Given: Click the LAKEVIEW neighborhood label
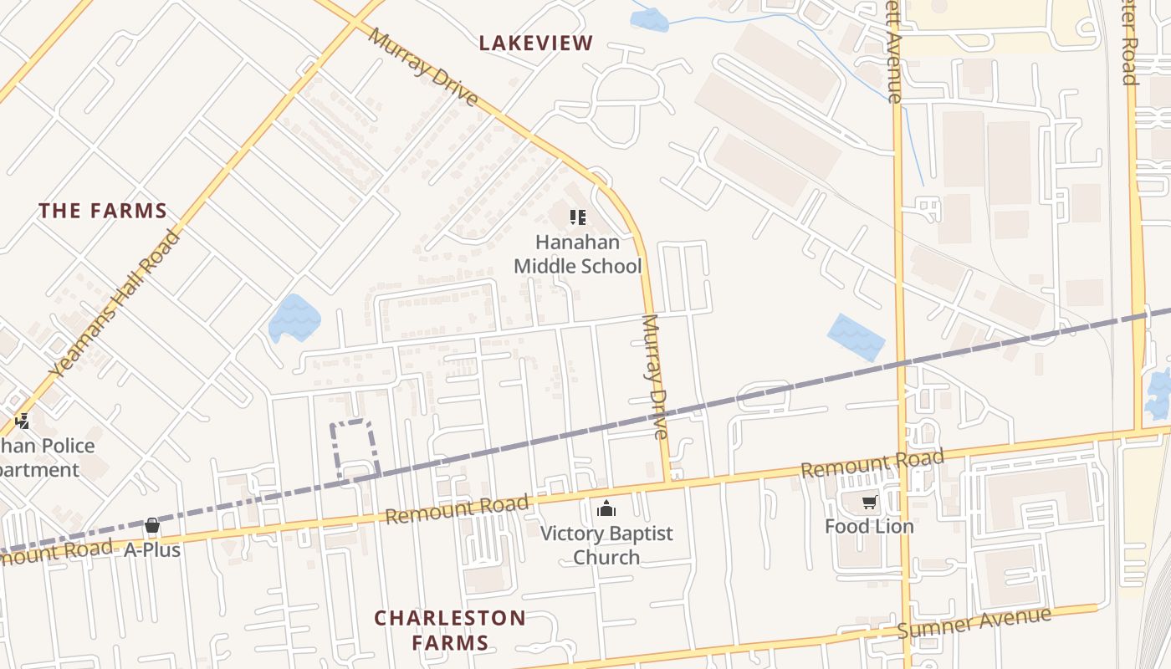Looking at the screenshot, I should point(536,43).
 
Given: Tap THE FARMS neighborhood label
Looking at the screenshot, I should point(103,211).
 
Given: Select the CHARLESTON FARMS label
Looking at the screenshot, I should point(450,631).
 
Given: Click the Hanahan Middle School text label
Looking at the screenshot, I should point(577,254).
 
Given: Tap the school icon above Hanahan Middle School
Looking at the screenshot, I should point(577,218).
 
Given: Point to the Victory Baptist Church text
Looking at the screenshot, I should point(606,545).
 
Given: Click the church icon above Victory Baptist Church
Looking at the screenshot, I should point(606,508).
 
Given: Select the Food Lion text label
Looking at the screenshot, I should point(869,527).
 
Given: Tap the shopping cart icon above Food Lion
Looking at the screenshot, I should point(869,503).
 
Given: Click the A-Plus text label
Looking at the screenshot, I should point(152,550).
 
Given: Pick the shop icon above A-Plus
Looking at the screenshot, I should point(152,526).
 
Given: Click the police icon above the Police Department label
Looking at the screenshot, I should point(23,421).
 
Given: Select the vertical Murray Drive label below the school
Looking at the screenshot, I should point(655,376).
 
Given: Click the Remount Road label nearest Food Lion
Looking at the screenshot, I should point(872,462).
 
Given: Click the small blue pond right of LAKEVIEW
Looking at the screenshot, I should point(650,20).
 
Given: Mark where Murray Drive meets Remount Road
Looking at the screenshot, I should point(668,483).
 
